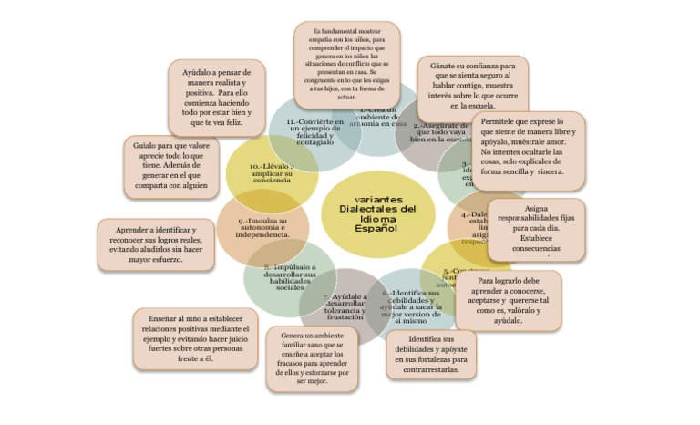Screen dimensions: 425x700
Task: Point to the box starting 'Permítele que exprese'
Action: click(x=525, y=146)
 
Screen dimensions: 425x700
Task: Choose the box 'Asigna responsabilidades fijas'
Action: click(x=536, y=229)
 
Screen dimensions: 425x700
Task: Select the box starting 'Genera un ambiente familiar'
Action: click(x=312, y=358)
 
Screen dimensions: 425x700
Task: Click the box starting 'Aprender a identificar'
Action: click(x=156, y=244)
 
